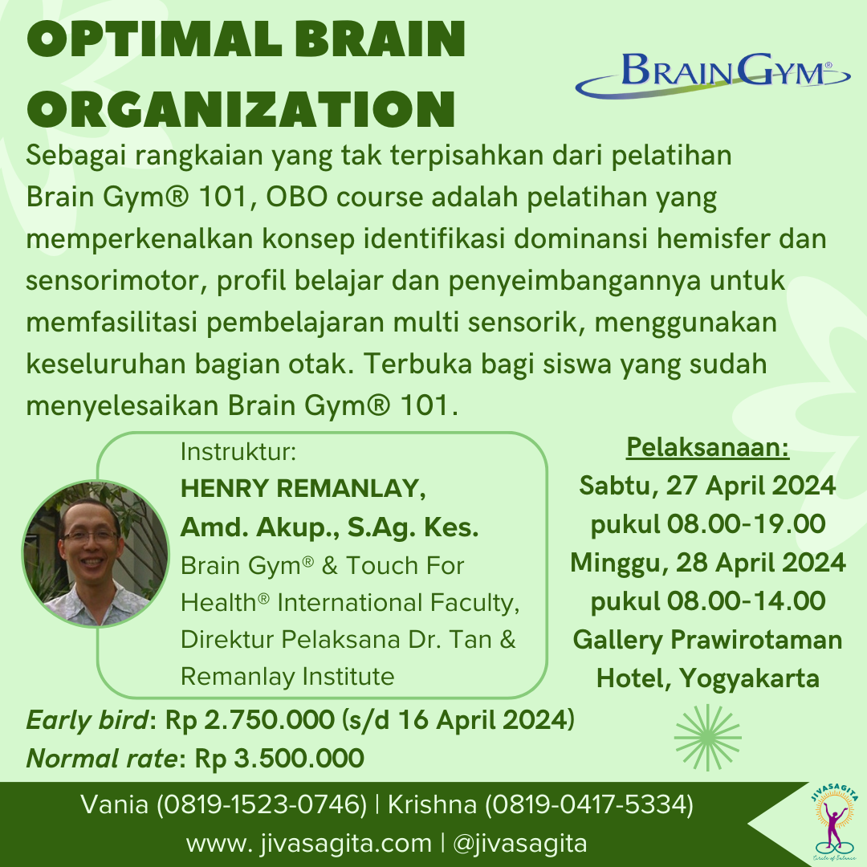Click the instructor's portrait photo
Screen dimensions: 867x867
[x=95, y=554]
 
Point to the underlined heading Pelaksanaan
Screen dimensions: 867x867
[x=707, y=447]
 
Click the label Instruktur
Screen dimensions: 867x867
[x=238, y=452]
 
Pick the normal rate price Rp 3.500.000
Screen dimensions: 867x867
[x=279, y=757]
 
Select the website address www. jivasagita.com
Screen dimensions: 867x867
[x=309, y=844]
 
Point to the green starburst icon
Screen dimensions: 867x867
[x=707, y=732]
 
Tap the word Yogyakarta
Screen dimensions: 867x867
[x=750, y=678]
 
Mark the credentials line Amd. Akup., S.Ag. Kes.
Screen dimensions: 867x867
[x=329, y=527]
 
